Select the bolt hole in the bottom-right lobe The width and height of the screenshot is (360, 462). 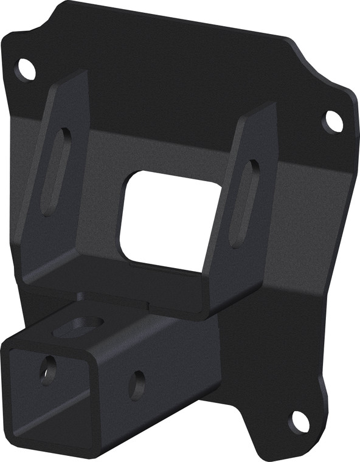(298, 421)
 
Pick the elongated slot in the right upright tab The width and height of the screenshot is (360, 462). (244, 203)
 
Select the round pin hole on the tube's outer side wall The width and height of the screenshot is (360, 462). (137, 384)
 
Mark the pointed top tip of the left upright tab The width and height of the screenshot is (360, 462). (81, 74)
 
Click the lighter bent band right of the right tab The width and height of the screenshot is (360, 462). (310, 182)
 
